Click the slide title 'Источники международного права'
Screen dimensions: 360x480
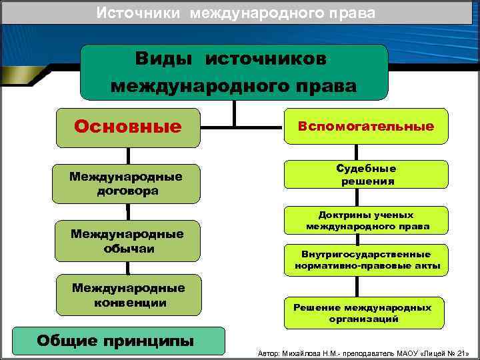pos(235,13)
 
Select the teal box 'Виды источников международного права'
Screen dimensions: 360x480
pos(233,72)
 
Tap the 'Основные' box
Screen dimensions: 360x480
pos(128,127)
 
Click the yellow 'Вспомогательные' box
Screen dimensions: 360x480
pos(366,126)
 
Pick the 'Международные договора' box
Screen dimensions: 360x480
pos(127,183)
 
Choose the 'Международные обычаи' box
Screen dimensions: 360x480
pos(127,241)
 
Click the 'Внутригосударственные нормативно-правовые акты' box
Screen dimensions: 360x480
pos(367,260)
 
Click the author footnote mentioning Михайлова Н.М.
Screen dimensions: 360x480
pos(363,351)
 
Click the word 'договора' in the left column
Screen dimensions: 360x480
pos(127,191)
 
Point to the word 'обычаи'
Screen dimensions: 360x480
pos(127,248)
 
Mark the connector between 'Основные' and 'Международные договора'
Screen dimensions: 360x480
pos(127,155)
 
